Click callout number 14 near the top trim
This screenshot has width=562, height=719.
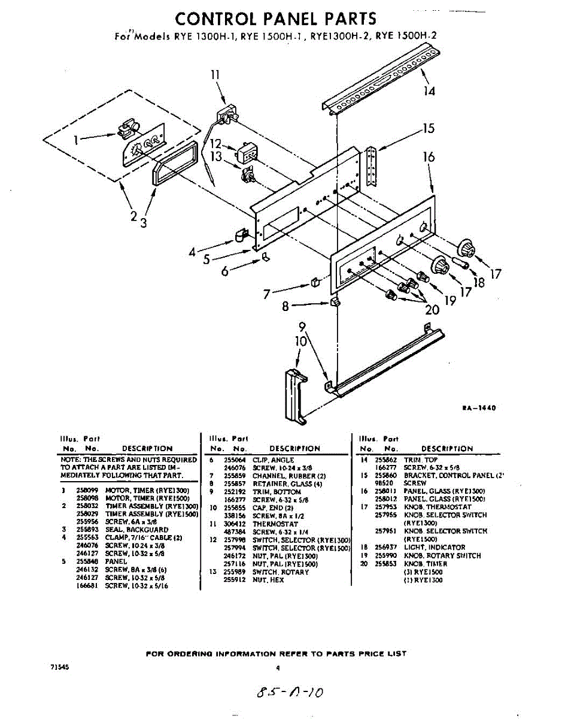[429, 91]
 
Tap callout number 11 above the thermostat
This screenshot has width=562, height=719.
[215, 75]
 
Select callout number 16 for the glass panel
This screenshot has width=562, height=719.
[429, 157]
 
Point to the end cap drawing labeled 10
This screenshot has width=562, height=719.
[295, 393]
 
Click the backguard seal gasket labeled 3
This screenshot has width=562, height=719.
[174, 162]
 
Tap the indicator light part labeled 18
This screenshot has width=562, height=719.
[462, 262]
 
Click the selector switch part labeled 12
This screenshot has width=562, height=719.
[247, 152]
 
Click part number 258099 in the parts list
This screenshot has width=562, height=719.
[87, 490]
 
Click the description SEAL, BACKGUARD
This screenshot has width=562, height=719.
[137, 530]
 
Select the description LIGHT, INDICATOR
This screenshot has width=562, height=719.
[435, 547]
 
